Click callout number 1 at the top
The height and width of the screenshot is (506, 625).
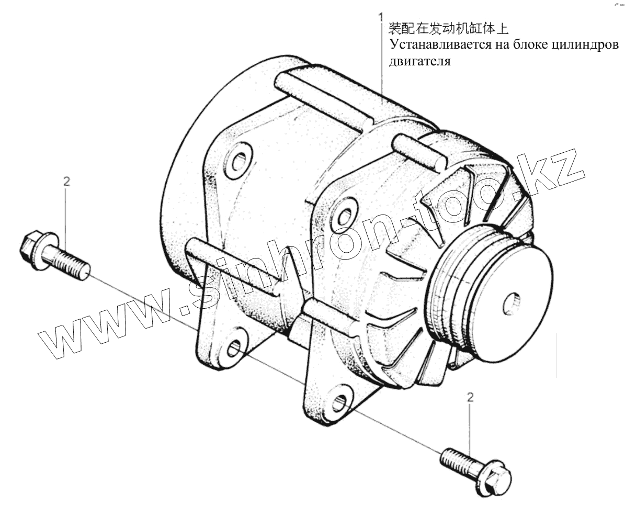click(381, 16)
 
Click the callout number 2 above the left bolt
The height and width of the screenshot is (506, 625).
click(66, 182)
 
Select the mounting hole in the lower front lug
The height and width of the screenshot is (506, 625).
click(340, 402)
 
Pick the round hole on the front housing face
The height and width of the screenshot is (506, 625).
click(345, 217)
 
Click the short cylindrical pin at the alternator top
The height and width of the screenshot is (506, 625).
click(415, 149)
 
